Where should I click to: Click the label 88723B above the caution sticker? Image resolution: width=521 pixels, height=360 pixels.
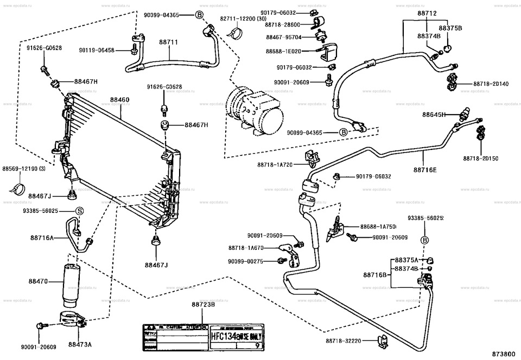point(204,305)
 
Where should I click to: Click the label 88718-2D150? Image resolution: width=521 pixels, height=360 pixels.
point(481,158)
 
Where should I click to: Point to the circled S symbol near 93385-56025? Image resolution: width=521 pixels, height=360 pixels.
point(79,211)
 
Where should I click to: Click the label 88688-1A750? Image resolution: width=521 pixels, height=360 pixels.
point(378,226)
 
